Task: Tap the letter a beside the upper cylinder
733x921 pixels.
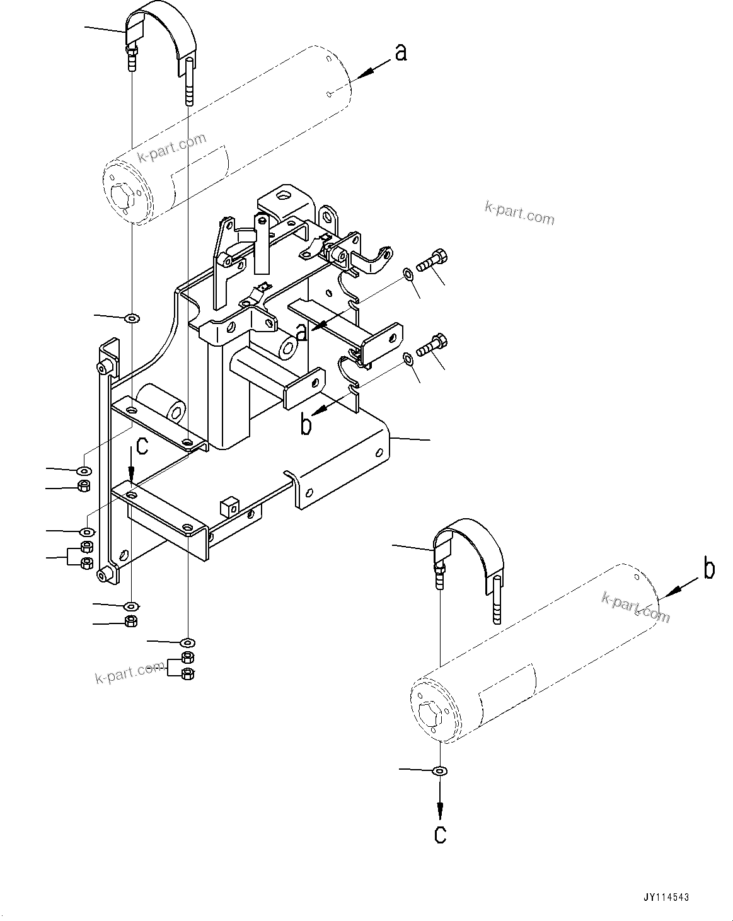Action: pyautogui.click(x=400, y=53)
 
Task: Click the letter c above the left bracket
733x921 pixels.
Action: pyautogui.click(x=142, y=446)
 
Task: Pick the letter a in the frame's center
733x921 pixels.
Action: pyautogui.click(x=302, y=331)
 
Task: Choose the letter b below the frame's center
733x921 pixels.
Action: pyautogui.click(x=306, y=426)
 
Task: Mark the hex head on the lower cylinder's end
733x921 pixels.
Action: pyautogui.click(x=431, y=715)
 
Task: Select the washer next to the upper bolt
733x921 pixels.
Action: pyautogui.click(x=408, y=273)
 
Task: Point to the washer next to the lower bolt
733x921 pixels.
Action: pyautogui.click(x=408, y=359)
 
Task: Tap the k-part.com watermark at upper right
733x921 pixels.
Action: pyautogui.click(x=519, y=213)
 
